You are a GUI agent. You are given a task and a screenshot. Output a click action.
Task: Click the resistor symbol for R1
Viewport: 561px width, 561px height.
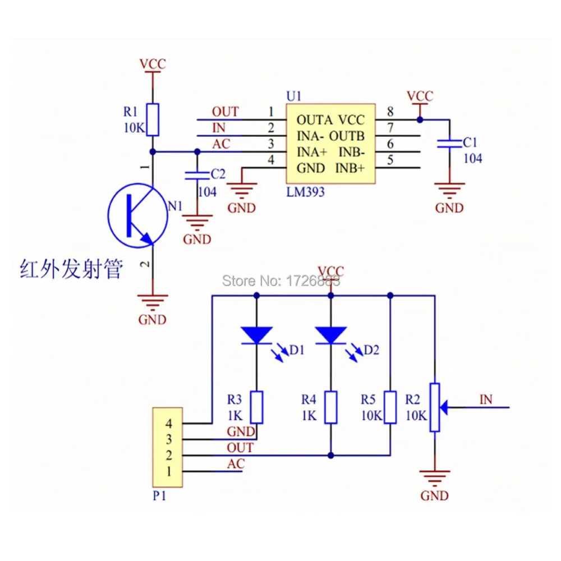coord(152,119)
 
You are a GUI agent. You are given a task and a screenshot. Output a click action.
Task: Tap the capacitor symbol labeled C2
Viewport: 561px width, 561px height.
coord(196,174)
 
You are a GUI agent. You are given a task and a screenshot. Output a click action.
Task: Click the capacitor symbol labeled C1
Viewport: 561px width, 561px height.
coord(449,144)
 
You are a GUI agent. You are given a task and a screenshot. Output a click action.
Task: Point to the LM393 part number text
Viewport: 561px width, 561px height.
coord(305,191)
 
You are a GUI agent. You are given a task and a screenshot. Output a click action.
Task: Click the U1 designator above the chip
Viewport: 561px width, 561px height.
coord(294,96)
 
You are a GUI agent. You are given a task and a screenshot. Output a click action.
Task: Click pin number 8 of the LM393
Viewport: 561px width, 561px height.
coord(390,112)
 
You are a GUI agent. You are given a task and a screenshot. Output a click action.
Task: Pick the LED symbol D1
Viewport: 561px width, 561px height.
coord(256,336)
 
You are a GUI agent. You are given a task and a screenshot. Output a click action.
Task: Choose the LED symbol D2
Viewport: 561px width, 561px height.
coord(330,336)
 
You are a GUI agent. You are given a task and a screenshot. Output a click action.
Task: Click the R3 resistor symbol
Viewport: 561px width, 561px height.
coord(256,407)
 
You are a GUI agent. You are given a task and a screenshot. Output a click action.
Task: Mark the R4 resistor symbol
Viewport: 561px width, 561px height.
coord(330,407)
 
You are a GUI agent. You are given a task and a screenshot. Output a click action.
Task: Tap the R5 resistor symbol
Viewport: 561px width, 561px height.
coord(390,407)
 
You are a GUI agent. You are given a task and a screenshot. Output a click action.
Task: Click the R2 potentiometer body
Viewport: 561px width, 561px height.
coord(434,407)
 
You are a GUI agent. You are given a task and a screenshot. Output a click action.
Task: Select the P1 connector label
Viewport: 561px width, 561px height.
coord(159,496)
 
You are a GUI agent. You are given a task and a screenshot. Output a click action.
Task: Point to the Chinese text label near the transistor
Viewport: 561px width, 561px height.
coord(71,269)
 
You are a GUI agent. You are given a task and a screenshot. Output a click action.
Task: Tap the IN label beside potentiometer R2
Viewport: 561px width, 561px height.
coord(486,399)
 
